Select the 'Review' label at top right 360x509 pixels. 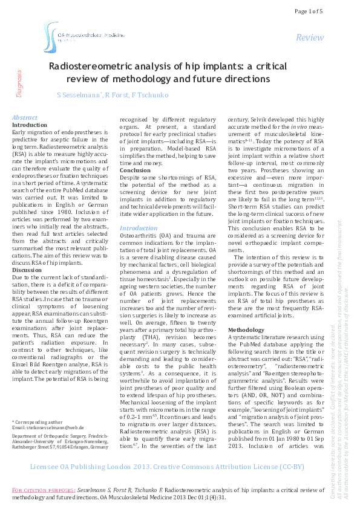310,38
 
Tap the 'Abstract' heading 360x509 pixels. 25,117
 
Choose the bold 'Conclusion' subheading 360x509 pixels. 134,170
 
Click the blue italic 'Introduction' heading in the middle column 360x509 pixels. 139,212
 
